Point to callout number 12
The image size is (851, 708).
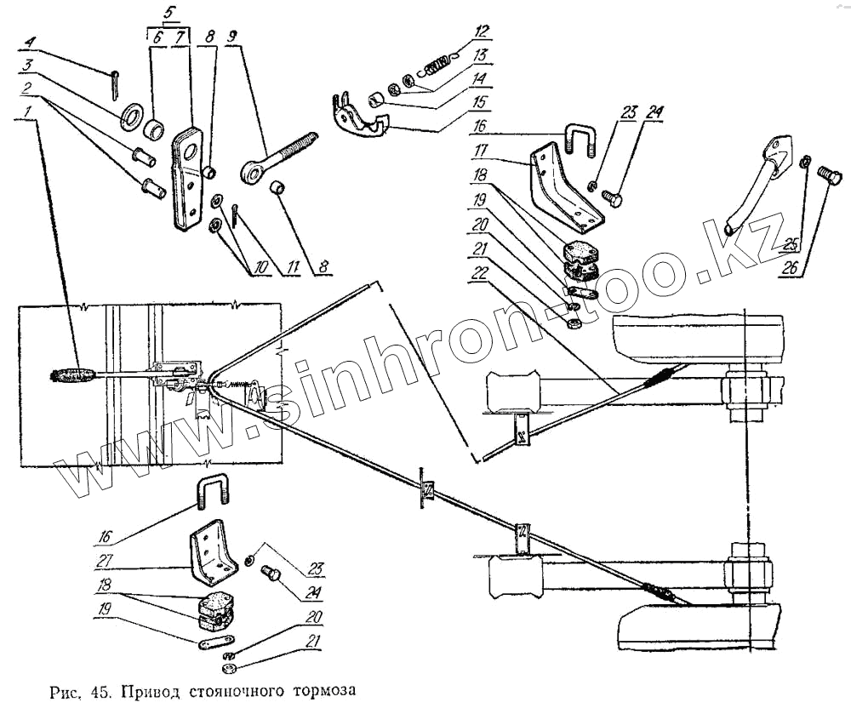click(483, 32)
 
